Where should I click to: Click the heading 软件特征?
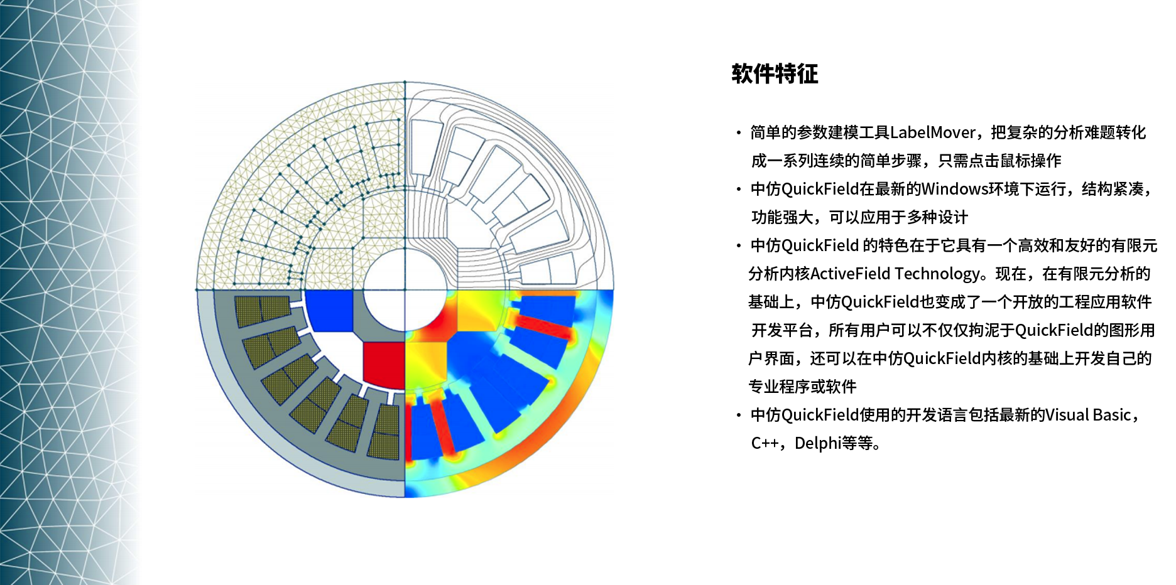[775, 73]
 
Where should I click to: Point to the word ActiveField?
[851, 274]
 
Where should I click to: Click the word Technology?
[937, 274]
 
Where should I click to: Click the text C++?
[765, 443]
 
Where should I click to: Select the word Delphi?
[818, 443]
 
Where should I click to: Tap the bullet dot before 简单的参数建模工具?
[739, 132]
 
